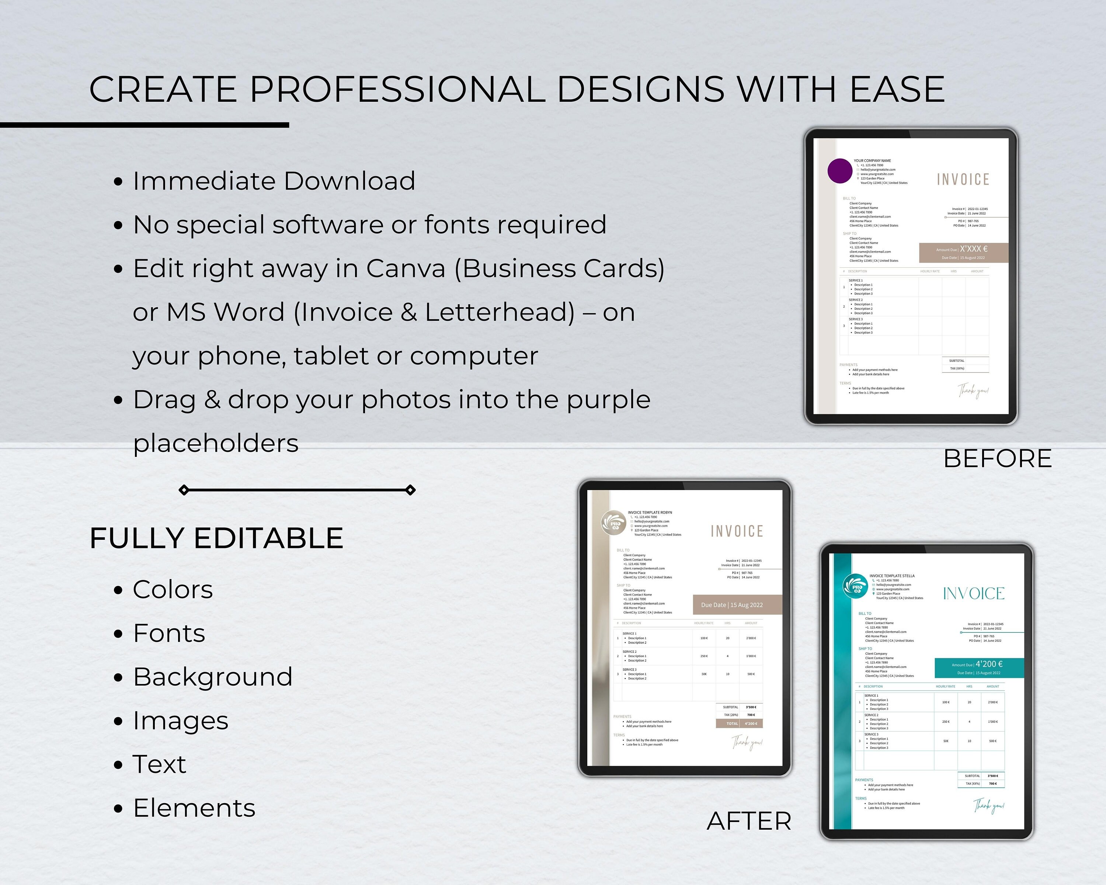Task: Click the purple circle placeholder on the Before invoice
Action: click(840, 171)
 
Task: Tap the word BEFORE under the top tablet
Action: click(997, 459)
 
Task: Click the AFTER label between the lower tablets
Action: click(749, 821)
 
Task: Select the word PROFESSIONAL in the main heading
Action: click(397, 89)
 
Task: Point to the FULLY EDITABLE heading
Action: click(216, 538)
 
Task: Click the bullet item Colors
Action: click(173, 590)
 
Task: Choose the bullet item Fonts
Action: click(169, 633)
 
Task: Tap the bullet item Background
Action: click(212, 677)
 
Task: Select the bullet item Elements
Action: click(194, 808)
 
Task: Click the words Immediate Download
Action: click(274, 181)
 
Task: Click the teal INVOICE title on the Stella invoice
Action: click(974, 594)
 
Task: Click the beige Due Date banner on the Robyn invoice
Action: click(737, 605)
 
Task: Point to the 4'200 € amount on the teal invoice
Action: click(988, 664)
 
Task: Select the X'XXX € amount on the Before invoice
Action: click(974, 249)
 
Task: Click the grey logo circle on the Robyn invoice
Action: click(613, 523)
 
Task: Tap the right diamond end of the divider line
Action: click(410, 490)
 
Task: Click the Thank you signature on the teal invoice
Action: click(988, 806)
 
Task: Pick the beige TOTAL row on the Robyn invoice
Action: click(739, 723)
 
